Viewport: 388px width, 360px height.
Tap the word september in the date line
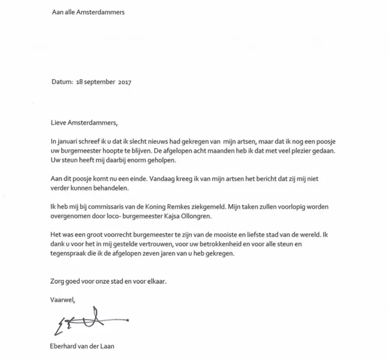98,83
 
